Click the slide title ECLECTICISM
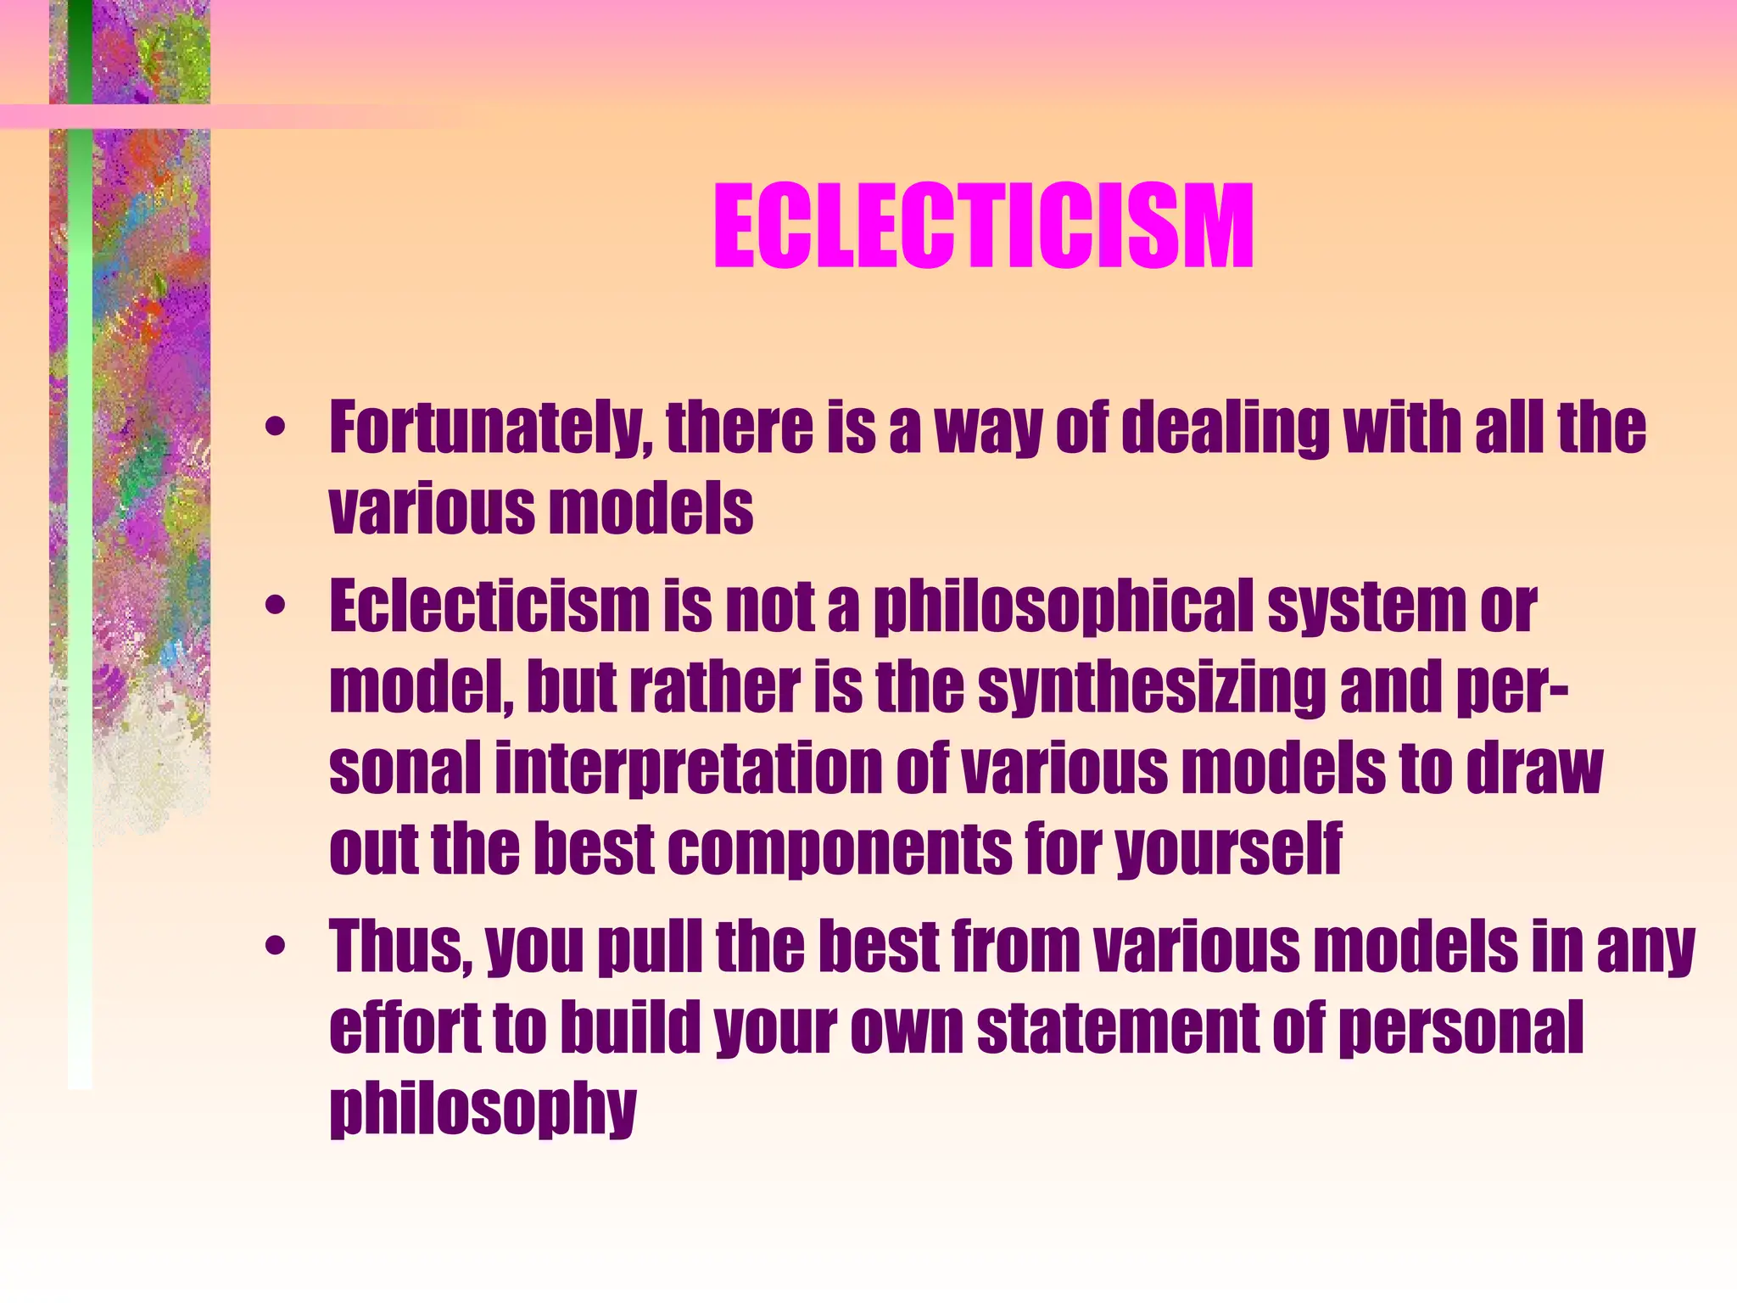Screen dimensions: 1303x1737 click(983, 227)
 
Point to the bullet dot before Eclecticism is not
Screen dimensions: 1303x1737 click(274, 606)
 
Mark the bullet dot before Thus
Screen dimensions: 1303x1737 click(274, 945)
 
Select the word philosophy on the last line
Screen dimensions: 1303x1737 click(483, 1110)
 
